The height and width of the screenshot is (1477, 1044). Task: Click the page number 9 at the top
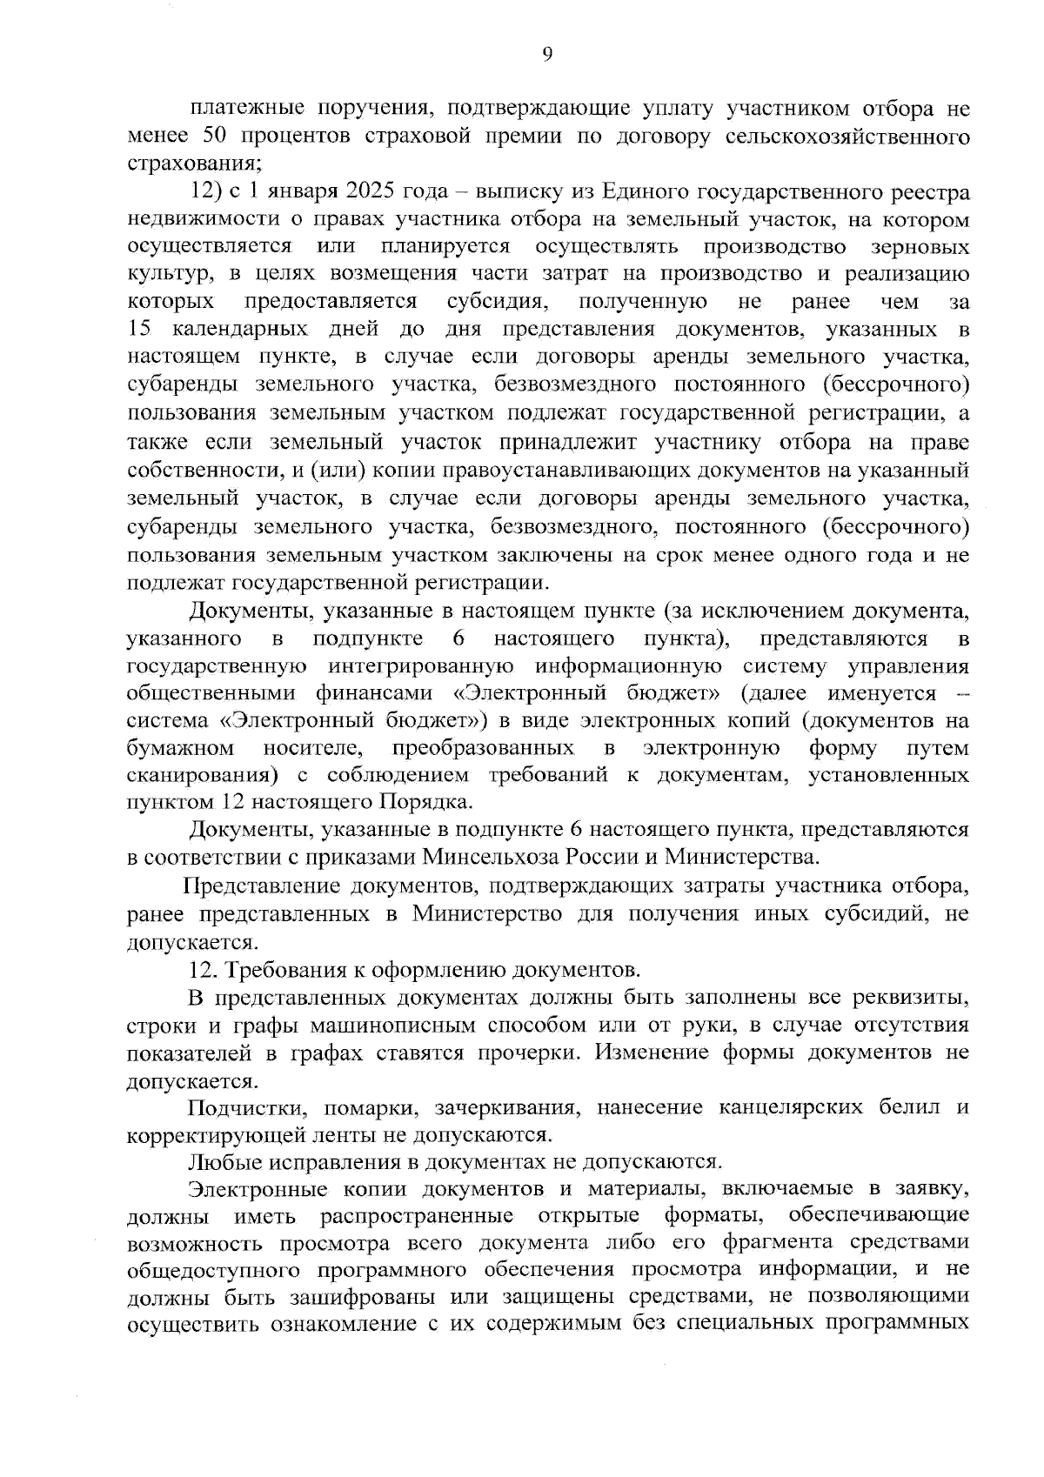[x=546, y=54]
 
